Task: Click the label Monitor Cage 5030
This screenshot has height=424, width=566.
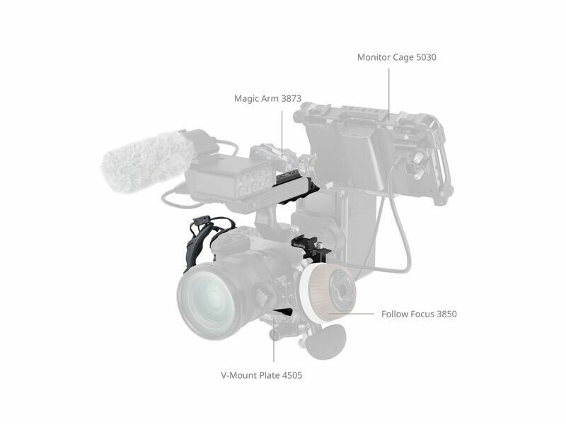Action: point(397,57)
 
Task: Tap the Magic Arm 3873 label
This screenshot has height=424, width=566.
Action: point(267,98)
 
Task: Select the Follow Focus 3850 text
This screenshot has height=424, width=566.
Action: point(419,314)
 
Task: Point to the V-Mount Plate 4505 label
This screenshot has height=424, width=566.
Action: point(262,375)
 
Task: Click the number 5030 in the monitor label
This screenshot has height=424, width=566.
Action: point(427,57)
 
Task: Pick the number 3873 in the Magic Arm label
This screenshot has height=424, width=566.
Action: point(291,98)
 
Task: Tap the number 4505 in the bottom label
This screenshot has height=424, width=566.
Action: point(292,375)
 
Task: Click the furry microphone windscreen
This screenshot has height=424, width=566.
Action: point(148,162)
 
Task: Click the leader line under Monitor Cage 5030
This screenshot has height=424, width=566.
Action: point(389,94)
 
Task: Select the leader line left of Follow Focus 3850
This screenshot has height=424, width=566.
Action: point(351,314)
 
